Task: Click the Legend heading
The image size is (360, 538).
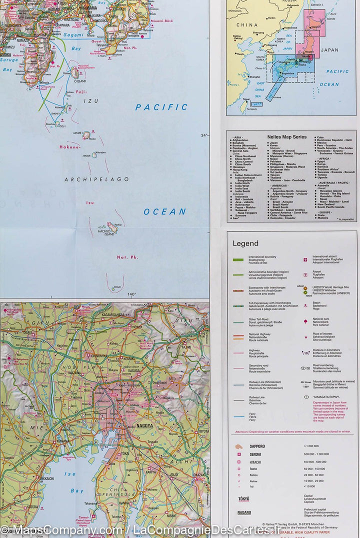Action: pos(245,244)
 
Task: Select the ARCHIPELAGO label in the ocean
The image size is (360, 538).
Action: pos(96,179)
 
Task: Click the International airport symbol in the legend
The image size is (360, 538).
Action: pos(304,260)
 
